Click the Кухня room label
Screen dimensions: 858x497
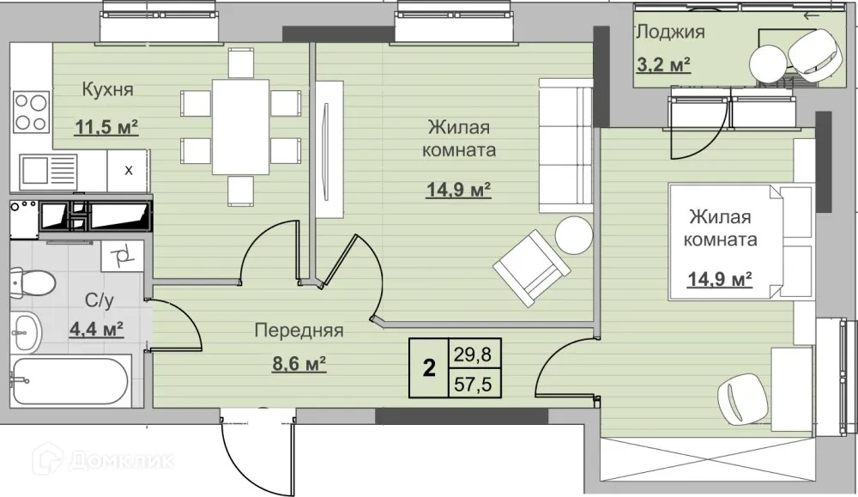[107, 88]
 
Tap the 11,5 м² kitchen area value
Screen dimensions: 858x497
[106, 127]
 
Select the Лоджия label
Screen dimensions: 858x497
[670, 32]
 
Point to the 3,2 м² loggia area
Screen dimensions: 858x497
[663, 64]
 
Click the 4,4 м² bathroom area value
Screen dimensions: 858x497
[96, 330]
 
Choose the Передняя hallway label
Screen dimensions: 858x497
[299, 330]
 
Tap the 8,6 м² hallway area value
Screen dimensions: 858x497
[299, 363]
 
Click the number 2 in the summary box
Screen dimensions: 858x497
[429, 368]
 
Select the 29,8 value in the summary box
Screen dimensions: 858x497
[474, 355]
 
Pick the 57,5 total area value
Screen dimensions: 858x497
[474, 384]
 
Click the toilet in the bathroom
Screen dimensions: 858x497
[33, 282]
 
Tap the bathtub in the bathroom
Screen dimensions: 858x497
[70, 381]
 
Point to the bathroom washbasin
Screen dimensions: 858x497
[26, 332]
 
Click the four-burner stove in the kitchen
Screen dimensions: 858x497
[31, 112]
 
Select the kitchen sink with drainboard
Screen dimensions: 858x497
[48, 170]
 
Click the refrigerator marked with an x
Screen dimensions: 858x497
[128, 170]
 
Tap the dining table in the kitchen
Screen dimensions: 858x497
[241, 127]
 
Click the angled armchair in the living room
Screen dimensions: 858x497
[532, 268]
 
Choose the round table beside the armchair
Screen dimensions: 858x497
[573, 235]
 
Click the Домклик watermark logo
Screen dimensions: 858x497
[104, 460]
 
